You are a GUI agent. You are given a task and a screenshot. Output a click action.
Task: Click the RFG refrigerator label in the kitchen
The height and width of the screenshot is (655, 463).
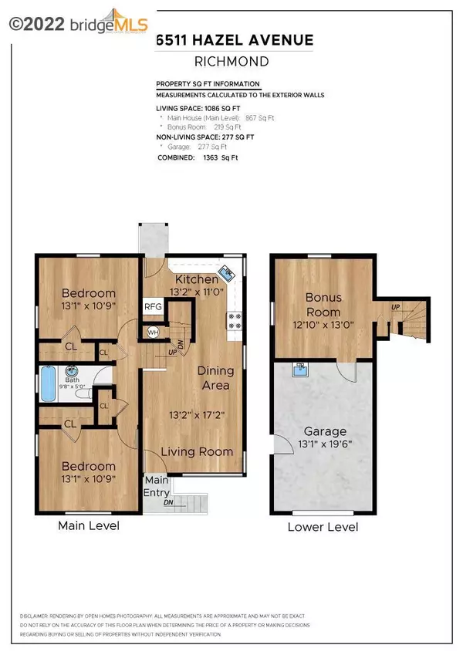pyautogui.click(x=152, y=306)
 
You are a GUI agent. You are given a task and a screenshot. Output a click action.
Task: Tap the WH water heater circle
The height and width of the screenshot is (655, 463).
pyautogui.click(x=153, y=333)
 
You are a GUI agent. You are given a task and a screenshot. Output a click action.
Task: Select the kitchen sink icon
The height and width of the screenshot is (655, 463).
pyautogui.click(x=228, y=274)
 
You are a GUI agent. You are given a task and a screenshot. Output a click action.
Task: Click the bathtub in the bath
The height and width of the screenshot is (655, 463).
pyautogui.click(x=48, y=384)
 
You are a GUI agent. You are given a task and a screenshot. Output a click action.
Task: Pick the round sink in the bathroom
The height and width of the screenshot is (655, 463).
pyautogui.click(x=72, y=370)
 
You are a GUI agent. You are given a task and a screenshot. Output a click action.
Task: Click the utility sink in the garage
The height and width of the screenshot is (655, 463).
pyautogui.click(x=299, y=370)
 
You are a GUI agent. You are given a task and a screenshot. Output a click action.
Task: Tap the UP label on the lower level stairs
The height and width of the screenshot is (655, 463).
pyautogui.click(x=396, y=306)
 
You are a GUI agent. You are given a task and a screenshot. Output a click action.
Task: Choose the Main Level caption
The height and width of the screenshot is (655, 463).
pyautogui.click(x=89, y=526)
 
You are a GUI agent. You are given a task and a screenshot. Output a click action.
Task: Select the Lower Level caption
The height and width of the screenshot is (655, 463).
pyautogui.click(x=323, y=527)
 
